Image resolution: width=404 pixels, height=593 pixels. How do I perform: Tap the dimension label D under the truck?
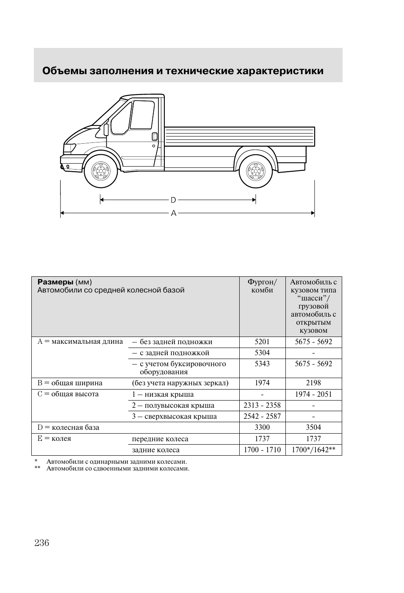173,200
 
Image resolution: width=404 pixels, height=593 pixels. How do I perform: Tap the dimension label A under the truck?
173,213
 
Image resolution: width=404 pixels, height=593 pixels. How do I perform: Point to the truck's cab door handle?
155,136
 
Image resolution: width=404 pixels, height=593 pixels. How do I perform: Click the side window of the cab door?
141,114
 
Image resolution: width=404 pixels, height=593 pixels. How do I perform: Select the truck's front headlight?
69,149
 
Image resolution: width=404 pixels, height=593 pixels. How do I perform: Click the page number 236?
42,543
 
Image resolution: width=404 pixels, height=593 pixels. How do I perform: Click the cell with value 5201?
262,342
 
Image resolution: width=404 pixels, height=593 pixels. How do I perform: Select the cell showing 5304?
262,353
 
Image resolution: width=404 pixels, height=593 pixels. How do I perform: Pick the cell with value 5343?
262,364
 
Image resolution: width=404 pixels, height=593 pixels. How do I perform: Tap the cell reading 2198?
313,383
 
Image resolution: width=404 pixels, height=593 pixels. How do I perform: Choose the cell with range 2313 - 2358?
262,406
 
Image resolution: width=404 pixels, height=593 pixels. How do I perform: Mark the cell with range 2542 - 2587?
262,417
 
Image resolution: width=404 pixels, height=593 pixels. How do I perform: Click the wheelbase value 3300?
262,428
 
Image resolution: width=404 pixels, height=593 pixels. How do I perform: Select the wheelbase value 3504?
313,428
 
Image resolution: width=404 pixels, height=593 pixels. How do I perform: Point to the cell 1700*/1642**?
313,450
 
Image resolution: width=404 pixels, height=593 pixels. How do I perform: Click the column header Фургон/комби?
262,286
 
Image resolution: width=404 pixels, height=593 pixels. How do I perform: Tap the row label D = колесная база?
68,428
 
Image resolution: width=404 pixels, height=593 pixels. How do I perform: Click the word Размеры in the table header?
55,282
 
